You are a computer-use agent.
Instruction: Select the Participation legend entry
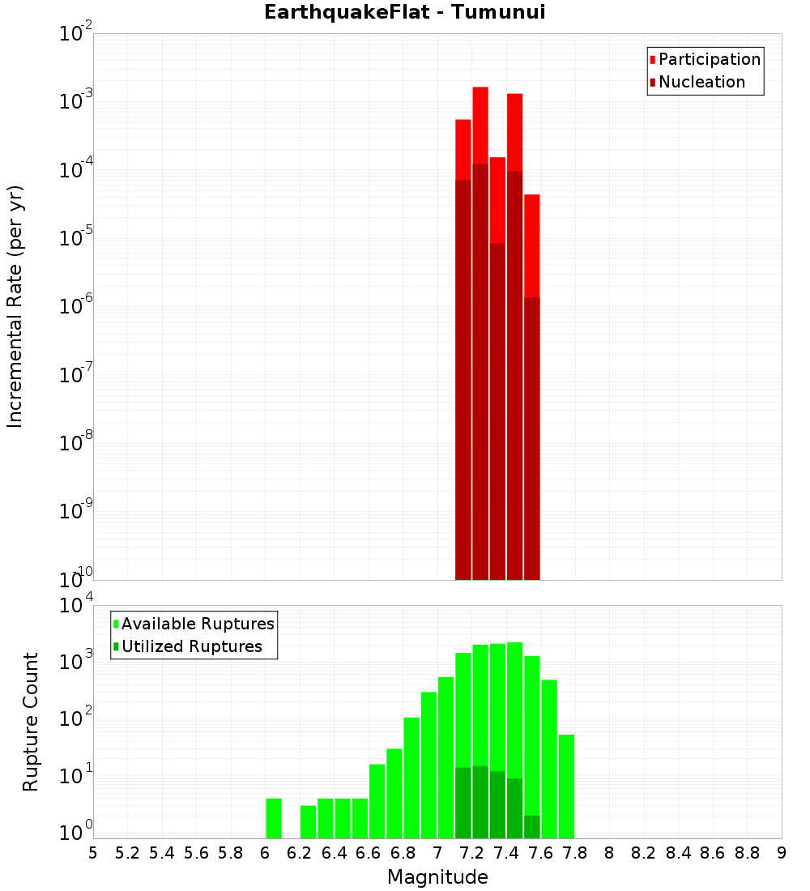[710, 59]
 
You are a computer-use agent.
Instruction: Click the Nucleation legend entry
[701, 82]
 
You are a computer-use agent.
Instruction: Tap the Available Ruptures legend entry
[198, 624]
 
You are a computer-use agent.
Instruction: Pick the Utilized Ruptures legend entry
[191, 646]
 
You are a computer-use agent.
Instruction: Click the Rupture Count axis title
[31, 722]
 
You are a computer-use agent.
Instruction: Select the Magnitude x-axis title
[437, 877]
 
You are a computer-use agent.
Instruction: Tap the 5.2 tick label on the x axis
[127, 853]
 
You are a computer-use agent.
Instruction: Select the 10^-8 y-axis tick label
[78, 443]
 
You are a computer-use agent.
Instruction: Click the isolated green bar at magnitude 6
[274, 818]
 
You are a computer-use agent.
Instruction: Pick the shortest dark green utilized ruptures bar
[531, 826]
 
